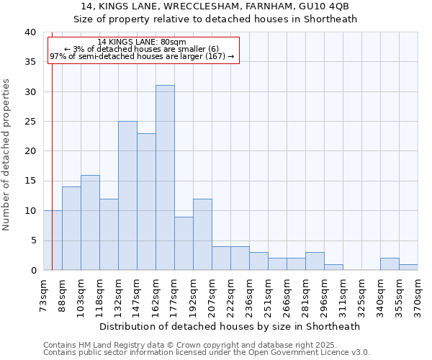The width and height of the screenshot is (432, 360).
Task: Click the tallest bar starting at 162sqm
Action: pos(165,178)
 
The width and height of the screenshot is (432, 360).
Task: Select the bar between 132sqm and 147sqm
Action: pos(127,196)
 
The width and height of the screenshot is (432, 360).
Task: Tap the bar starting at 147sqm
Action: pos(146,202)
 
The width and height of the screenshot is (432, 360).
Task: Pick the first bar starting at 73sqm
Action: pos(53,240)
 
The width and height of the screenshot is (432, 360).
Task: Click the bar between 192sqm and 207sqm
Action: pos(202,235)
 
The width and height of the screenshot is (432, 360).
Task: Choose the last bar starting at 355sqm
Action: pos(408,267)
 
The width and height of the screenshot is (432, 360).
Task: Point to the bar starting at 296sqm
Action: pos(333,267)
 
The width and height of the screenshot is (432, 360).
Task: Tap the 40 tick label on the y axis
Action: pos(30,32)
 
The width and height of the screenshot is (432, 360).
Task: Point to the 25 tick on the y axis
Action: pos(30,122)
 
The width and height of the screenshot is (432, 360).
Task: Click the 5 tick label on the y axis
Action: pos(32,240)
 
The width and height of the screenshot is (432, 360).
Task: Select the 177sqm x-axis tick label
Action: pos(175,293)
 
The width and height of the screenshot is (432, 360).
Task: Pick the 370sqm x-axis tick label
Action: pos(418,293)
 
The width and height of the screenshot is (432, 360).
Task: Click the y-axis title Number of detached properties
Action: pos(6,151)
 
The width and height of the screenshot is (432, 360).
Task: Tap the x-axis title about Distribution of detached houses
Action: pos(230,326)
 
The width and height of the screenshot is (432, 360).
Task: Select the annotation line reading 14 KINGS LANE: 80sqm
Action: pos(142,42)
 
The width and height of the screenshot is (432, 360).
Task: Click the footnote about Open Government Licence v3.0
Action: pos(207,352)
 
